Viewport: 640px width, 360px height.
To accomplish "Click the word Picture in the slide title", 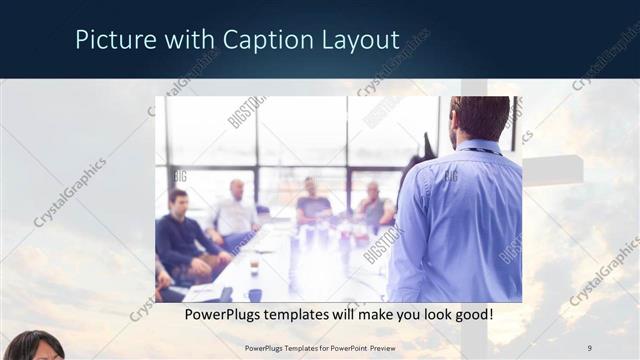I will click(x=111, y=40).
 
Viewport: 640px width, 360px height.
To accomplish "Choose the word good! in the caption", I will click(x=469, y=315).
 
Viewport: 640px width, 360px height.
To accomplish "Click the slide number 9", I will click(x=590, y=347).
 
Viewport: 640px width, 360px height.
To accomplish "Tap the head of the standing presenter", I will click(x=479, y=118).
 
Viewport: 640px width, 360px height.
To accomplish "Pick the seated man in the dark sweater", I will click(x=179, y=240).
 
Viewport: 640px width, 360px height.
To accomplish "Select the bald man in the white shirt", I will click(x=236, y=210).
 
